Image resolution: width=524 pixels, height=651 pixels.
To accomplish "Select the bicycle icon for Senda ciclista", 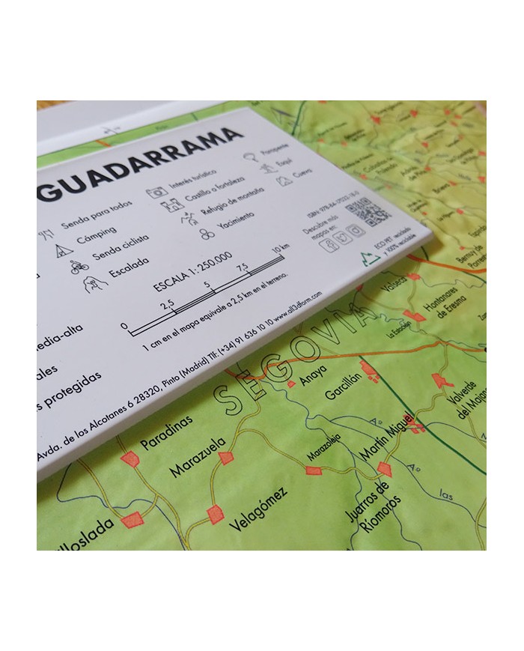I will coord(79,265).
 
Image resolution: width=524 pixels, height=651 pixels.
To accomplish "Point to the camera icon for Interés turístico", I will coord(156,192).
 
